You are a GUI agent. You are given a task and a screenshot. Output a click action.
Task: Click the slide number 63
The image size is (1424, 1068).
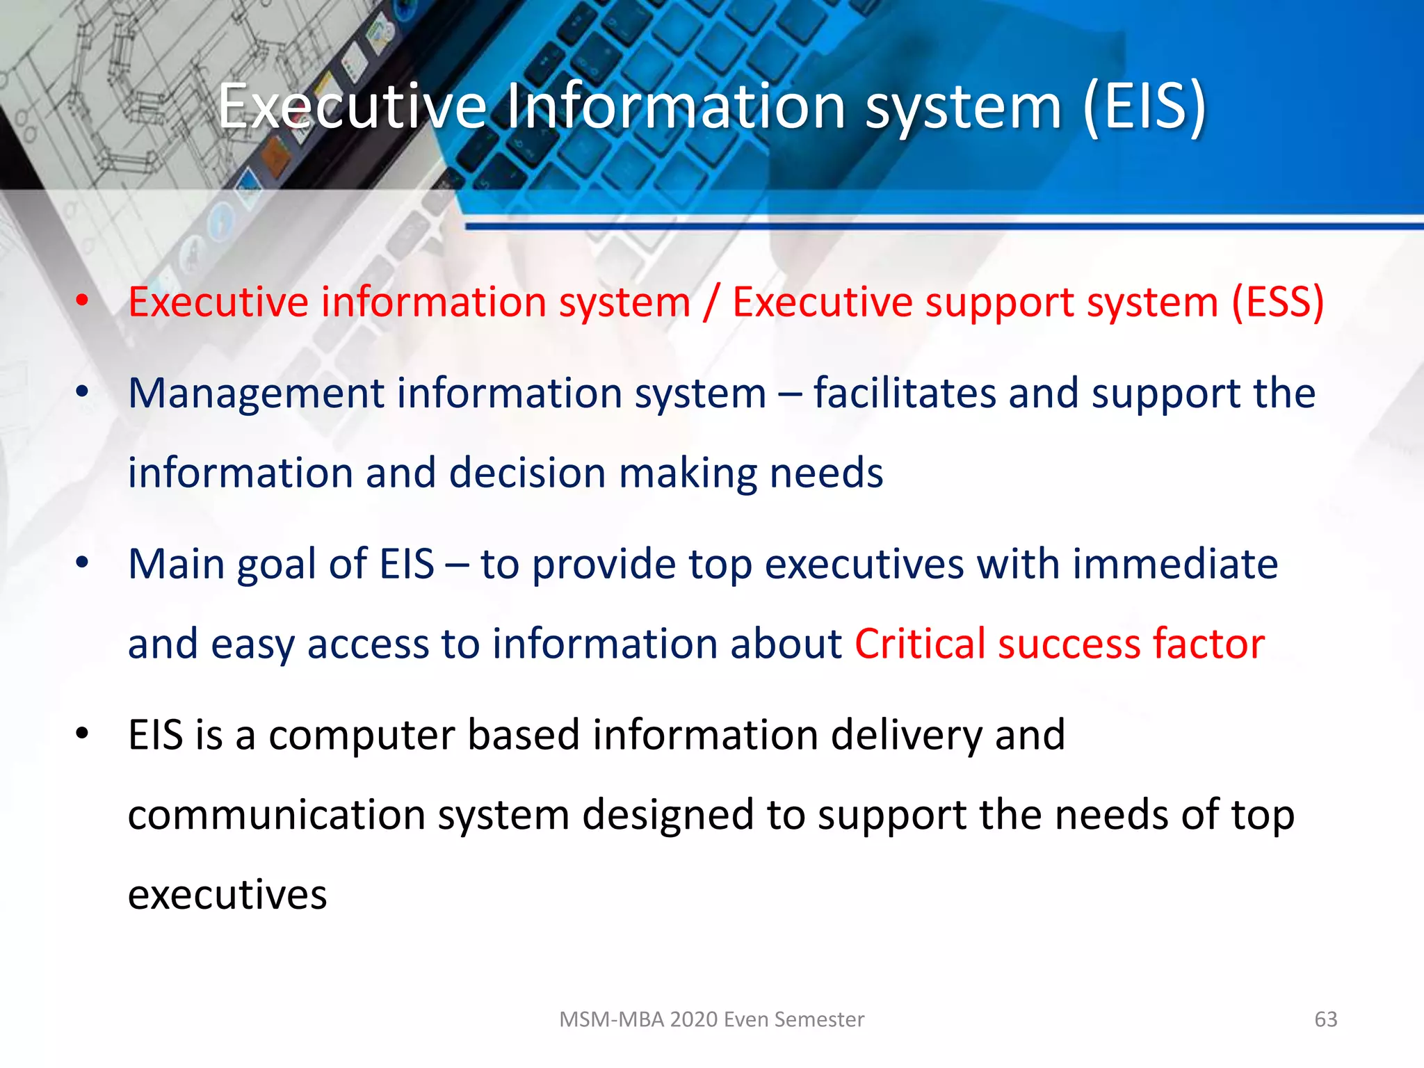click(1325, 1019)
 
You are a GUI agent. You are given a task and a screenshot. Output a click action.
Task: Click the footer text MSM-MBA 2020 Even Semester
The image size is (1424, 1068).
click(711, 1019)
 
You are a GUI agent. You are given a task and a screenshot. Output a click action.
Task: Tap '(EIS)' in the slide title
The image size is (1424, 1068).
click(1144, 106)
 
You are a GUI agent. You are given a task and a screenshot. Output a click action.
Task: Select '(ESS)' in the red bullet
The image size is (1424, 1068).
click(1277, 302)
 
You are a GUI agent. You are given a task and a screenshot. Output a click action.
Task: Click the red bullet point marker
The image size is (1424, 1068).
click(82, 300)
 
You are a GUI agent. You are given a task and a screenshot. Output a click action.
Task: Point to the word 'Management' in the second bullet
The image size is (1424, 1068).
click(255, 394)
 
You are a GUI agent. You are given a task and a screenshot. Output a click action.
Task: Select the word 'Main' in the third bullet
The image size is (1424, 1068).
click(176, 563)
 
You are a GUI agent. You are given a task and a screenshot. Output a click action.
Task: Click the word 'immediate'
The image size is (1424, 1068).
click(1174, 563)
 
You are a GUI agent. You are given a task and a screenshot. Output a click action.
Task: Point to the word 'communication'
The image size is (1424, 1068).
click(276, 815)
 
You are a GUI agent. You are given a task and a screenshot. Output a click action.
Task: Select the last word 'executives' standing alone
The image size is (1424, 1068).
click(227, 895)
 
